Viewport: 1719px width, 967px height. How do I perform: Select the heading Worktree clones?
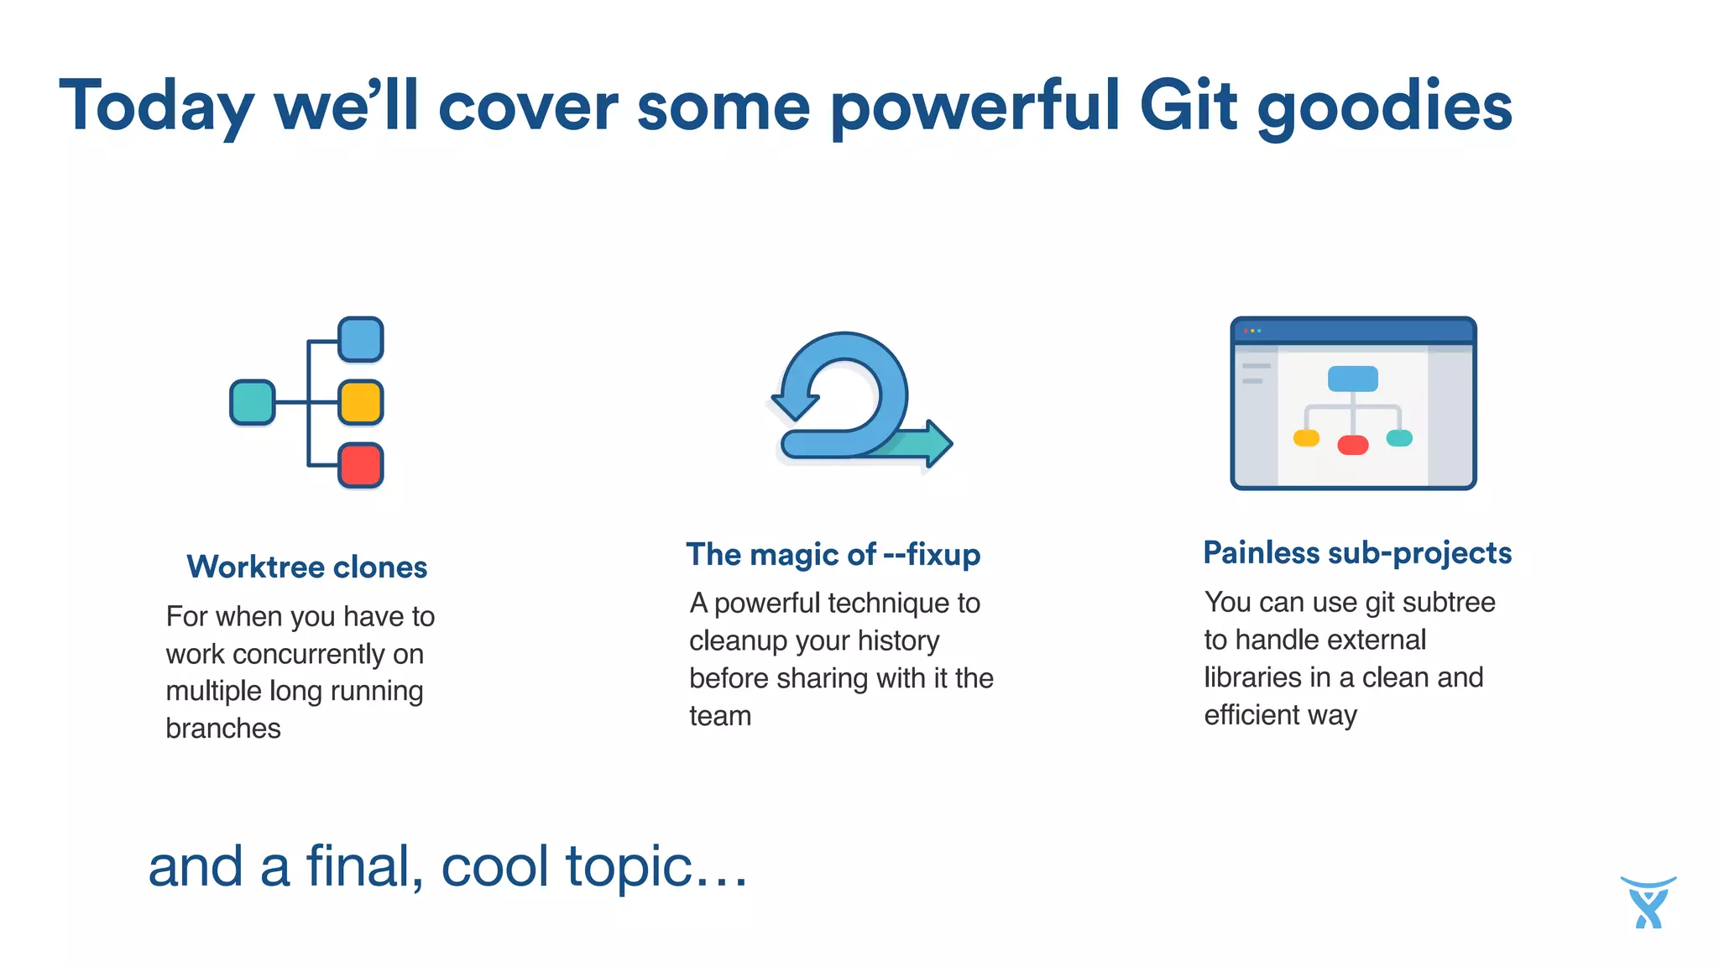(x=306, y=567)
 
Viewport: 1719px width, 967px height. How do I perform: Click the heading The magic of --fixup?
(x=833, y=555)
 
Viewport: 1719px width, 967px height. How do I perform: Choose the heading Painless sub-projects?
(x=1356, y=553)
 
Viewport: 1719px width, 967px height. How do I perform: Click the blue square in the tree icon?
(x=361, y=339)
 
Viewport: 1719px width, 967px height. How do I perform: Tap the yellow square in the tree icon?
(x=361, y=402)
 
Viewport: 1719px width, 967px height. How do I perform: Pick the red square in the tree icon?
(x=361, y=465)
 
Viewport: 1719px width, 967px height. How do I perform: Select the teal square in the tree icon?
(x=253, y=402)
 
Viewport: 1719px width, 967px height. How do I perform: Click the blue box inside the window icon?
(x=1352, y=379)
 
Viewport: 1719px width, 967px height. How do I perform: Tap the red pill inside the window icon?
(x=1352, y=445)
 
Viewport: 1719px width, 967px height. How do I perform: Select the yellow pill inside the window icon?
(x=1306, y=437)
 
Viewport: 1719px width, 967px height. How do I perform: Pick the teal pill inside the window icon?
(x=1399, y=437)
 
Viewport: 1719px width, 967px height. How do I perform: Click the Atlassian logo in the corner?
(x=1648, y=902)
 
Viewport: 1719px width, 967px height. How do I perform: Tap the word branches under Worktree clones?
(x=223, y=729)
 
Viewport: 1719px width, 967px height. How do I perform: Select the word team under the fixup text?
(x=720, y=716)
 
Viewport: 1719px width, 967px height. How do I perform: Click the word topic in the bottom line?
(x=630, y=867)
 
